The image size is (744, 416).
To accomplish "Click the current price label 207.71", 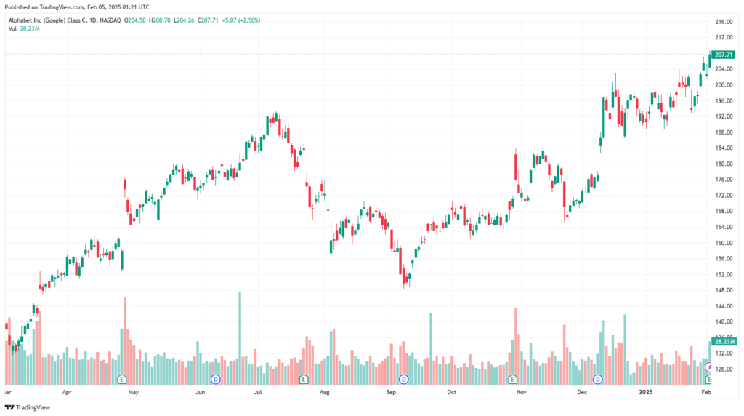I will pos(724,55).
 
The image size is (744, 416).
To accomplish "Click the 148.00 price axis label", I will pos(724,290).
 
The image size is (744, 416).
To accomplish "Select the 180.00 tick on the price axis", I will pos(724,164).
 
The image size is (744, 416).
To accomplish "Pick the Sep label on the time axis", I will pos(391,392).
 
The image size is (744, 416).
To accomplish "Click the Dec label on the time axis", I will pos(583,392).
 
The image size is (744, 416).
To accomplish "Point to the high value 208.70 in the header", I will pos(164,20).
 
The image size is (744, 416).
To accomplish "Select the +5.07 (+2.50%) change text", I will pos(240,20).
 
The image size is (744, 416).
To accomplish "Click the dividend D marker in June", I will pos(215,379).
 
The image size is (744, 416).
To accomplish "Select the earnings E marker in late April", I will pos(122,379).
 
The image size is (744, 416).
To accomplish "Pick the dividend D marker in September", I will pos(403,379).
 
